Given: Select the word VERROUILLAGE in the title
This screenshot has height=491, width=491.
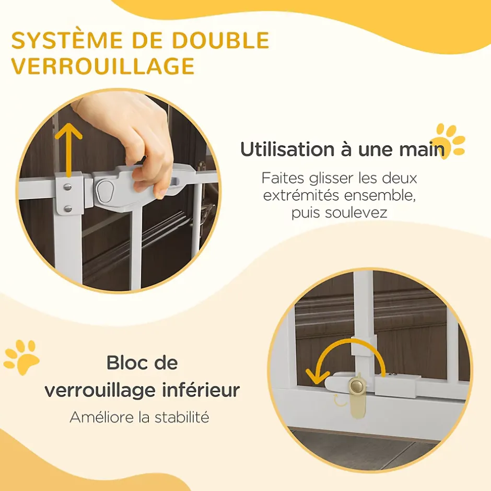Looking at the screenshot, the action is [103, 66].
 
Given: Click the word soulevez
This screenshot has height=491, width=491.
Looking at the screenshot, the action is [356, 213].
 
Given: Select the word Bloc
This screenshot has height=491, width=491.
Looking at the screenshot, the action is [126, 363].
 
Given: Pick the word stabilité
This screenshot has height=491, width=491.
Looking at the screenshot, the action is [182, 417].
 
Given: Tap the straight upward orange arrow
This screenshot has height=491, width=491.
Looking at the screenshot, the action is [68, 150].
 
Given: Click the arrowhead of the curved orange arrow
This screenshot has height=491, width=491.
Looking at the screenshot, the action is [317, 377].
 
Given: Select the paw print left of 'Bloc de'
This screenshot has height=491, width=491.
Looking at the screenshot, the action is [21, 357].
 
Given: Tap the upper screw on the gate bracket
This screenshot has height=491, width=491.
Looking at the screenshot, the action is [67, 187].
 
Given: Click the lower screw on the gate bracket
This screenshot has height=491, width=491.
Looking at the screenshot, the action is [67, 208].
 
